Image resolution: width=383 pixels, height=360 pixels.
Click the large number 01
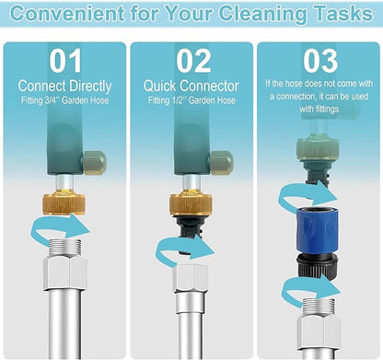click(x=65, y=61)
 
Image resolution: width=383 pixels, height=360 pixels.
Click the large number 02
click(x=193, y=61)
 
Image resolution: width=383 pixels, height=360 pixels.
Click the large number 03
click(x=320, y=61)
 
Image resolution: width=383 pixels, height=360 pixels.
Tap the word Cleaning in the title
click(x=262, y=14)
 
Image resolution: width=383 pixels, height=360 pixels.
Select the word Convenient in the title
click(x=67, y=14)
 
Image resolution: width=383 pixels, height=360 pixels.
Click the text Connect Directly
click(x=64, y=87)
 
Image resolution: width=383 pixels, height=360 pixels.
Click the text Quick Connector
click(x=191, y=87)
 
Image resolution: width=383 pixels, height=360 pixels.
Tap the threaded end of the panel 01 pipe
click(x=65, y=249)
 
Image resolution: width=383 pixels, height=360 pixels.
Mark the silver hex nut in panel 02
click(x=191, y=278)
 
